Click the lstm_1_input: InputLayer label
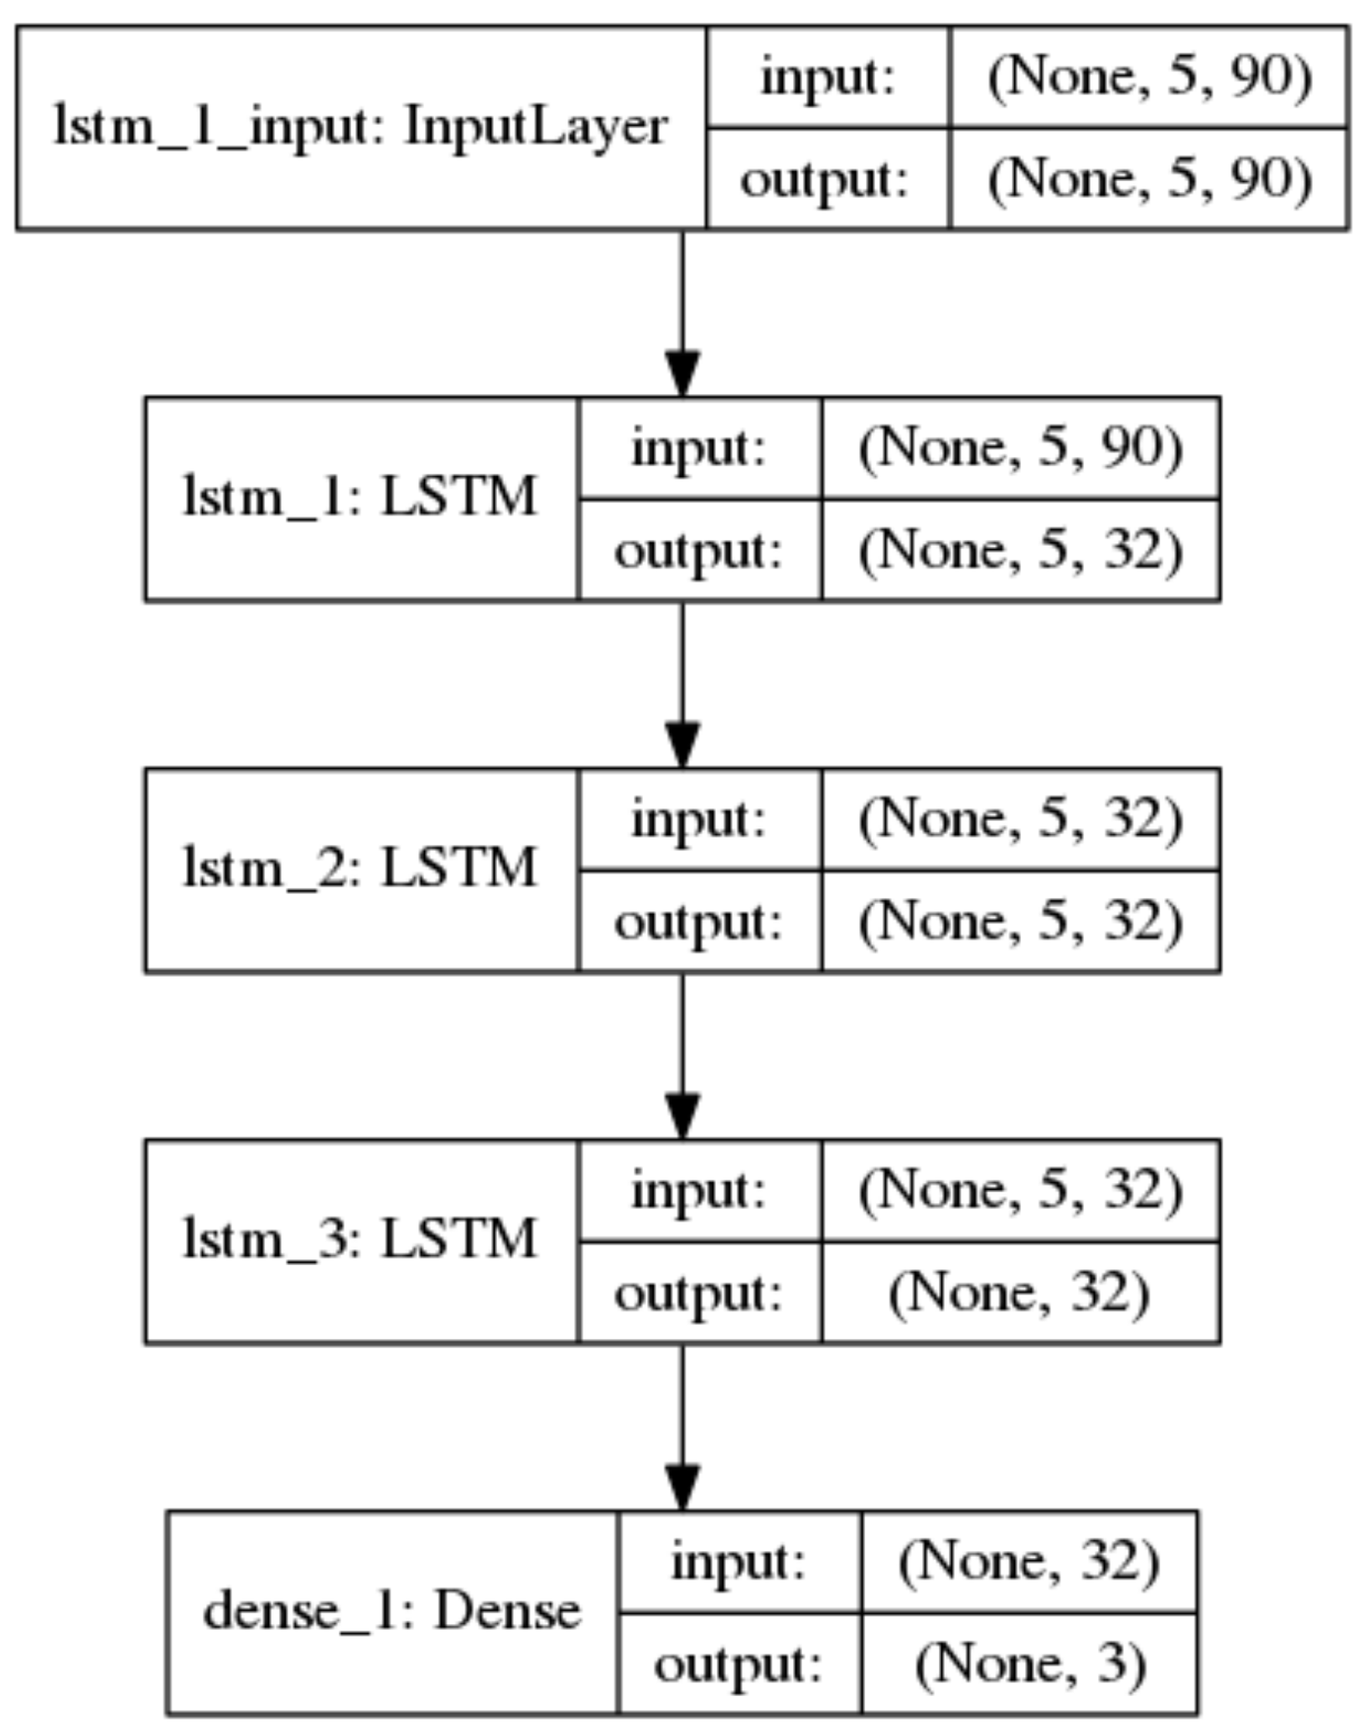coord(360,127)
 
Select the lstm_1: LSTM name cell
coord(360,498)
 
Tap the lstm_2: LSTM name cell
coord(360,869)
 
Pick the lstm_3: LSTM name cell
coord(360,1240)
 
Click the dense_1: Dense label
coord(391,1611)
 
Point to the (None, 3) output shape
coord(1029,1663)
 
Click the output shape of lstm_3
coord(1019,1292)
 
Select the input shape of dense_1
coord(1029,1561)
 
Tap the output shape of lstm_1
coord(1020,550)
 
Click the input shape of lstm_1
coord(1020,448)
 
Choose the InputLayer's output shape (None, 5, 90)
coord(1149,179)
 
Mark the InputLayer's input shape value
coord(1149,76)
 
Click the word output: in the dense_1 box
coord(738,1663)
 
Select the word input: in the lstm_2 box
coord(698,819)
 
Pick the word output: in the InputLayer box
coord(825,179)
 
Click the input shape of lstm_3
coord(1020,1190)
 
